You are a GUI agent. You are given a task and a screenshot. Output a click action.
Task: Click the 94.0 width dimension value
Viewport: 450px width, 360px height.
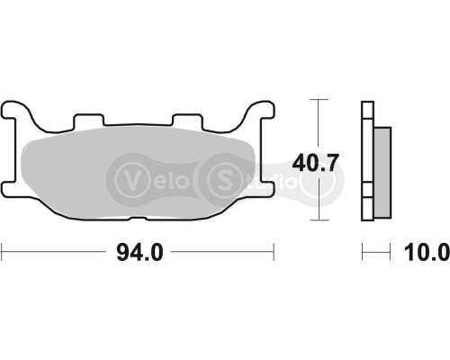(139, 254)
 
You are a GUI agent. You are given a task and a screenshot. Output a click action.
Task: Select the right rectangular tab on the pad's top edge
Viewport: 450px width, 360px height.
(186, 121)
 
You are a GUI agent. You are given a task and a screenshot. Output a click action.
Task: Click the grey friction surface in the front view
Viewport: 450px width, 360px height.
(135, 175)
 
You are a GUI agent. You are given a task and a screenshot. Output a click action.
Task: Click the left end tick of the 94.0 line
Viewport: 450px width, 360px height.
(3, 253)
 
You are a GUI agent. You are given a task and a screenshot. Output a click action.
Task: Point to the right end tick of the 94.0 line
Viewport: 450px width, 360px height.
(274, 253)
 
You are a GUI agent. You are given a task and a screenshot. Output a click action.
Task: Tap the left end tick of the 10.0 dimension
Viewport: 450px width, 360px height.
(363, 253)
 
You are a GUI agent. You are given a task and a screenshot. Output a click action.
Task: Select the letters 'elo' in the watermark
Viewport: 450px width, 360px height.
(166, 178)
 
